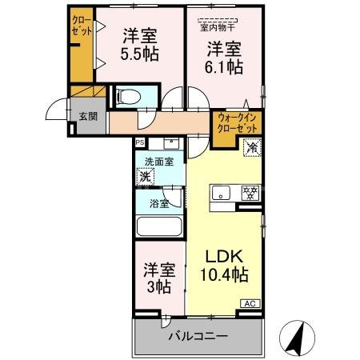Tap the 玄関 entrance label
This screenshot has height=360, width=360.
[87, 115]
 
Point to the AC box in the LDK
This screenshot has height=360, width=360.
[250, 304]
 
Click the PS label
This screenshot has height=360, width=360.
[140, 143]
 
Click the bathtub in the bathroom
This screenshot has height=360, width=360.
[159, 225]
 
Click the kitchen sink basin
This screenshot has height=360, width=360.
[222, 193]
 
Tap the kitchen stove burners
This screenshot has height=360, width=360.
[250, 193]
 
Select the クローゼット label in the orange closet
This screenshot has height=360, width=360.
[82, 26]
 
